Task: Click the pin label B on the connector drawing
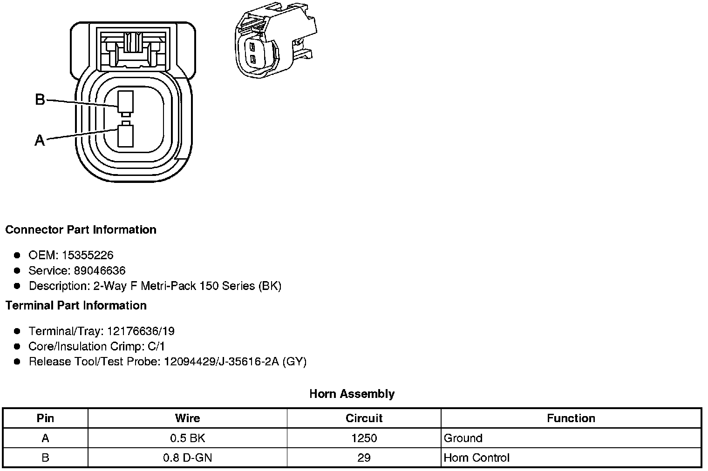[40, 100]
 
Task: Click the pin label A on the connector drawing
[40, 140]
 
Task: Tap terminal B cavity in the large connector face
[125, 102]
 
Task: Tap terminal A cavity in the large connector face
[125, 136]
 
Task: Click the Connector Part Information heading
[81, 229]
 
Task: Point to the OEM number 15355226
[88, 255]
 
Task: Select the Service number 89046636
[100, 270]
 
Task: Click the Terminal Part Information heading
[76, 305]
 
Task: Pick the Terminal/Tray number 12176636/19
[141, 331]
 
